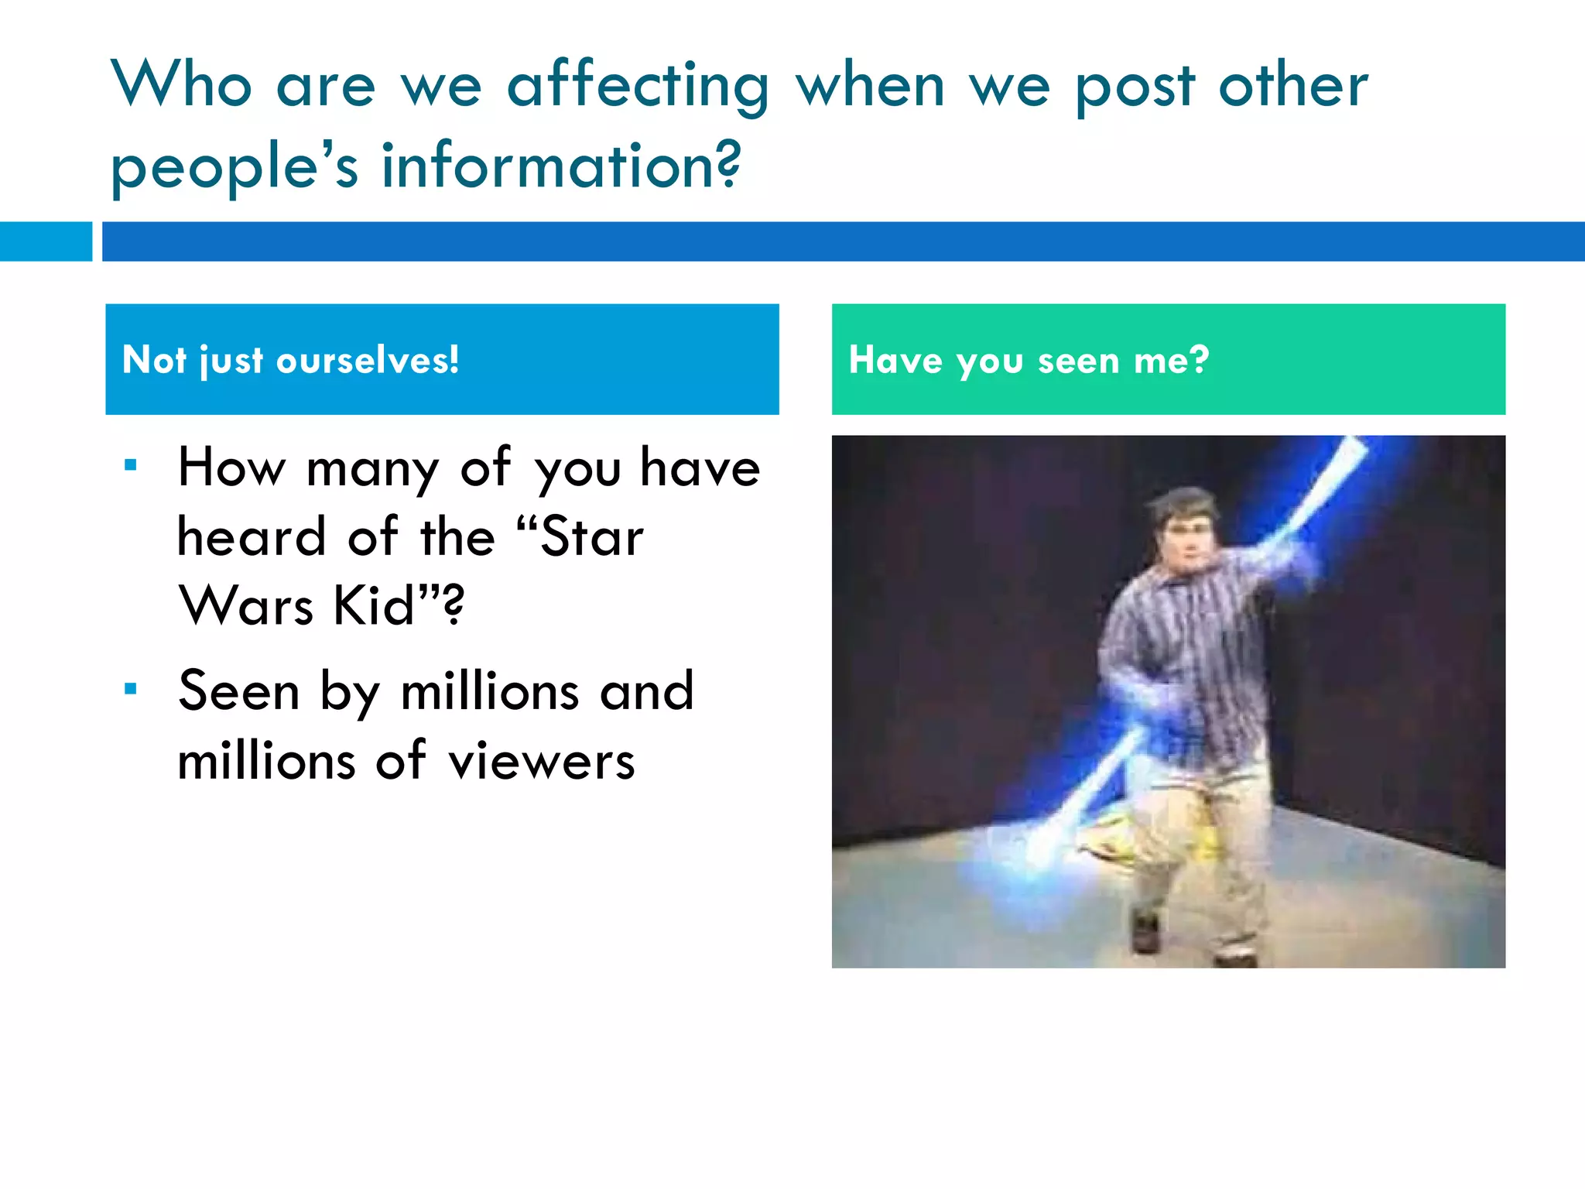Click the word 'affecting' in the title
click(638, 87)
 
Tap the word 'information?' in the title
click(561, 166)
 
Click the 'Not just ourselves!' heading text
click(291, 360)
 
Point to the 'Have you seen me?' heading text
click(1029, 360)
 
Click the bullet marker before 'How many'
click(131, 465)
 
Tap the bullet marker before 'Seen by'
click(131, 688)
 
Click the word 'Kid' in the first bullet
click(375, 605)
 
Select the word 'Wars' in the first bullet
click(246, 605)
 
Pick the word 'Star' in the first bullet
click(592, 536)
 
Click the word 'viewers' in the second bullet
click(542, 761)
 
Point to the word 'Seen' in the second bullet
click(238, 690)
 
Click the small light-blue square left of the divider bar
click(46, 242)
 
